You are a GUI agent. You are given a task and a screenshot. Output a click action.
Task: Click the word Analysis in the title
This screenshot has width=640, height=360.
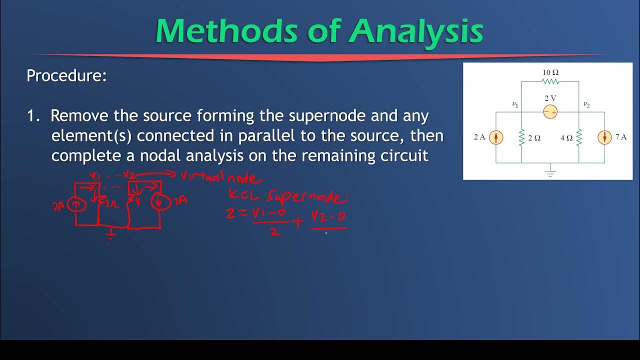pyautogui.click(x=416, y=31)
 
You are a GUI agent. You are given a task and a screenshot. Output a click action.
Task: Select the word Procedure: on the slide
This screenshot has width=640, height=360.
pyautogui.click(x=66, y=76)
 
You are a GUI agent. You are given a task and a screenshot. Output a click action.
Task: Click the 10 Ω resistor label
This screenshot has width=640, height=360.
pyautogui.click(x=550, y=72)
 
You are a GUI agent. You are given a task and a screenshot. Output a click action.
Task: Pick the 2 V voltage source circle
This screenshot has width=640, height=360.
pyautogui.click(x=550, y=112)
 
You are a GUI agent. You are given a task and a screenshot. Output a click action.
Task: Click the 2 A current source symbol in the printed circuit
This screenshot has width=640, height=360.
pyautogui.click(x=495, y=137)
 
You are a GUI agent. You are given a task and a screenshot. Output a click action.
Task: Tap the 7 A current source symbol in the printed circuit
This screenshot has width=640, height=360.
pyautogui.click(x=604, y=137)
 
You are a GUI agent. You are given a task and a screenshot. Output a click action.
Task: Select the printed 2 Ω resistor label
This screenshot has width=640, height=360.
pyautogui.click(x=534, y=138)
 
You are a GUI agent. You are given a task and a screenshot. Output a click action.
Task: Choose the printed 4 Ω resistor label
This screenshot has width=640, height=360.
pyautogui.click(x=566, y=138)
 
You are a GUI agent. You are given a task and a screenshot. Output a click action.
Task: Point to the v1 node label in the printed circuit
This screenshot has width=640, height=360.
pyautogui.click(x=515, y=104)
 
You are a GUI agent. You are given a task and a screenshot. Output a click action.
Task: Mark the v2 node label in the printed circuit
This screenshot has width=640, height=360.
pyautogui.click(x=586, y=104)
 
